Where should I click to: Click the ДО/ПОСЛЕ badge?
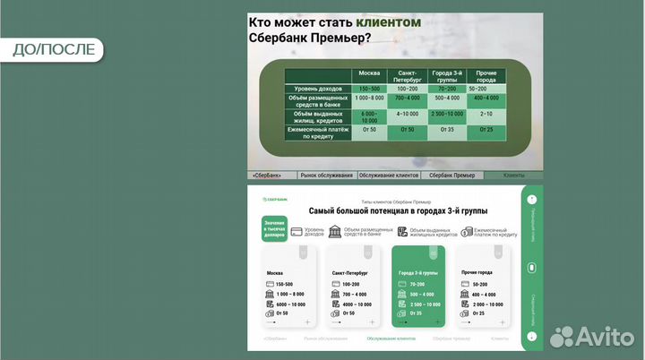coord(54,49)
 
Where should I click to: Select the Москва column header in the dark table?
coord(369,73)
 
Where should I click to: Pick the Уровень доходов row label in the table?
coord(318,89)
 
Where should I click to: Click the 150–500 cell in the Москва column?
coord(369,89)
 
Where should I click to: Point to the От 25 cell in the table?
coord(486,130)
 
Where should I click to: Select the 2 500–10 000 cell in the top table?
coord(446,114)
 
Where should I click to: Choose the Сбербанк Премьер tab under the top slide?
coord(452,176)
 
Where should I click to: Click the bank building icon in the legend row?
coord(334,232)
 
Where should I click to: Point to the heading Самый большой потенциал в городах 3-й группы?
coord(399,210)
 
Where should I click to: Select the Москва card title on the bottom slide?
coord(275,272)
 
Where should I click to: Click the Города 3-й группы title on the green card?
coord(418,272)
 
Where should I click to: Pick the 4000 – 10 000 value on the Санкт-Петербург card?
coord(356,304)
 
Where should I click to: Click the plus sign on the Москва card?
coord(308,321)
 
